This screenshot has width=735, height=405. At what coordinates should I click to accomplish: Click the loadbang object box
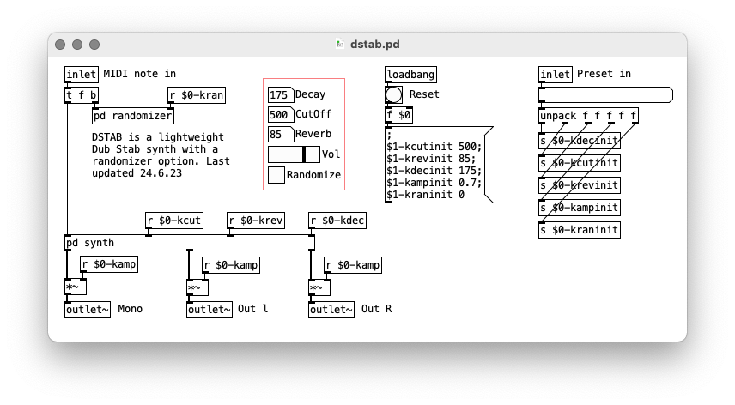pos(410,75)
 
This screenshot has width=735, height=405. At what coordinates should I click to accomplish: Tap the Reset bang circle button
pos(393,95)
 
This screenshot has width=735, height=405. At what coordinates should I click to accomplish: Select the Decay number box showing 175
pos(281,94)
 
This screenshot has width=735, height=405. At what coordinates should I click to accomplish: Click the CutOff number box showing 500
pos(281,115)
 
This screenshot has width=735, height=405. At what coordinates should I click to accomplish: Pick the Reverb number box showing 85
pos(281,135)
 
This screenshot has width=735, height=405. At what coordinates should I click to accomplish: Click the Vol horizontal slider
pos(294,154)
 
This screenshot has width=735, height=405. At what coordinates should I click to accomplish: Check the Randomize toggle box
pos(276,175)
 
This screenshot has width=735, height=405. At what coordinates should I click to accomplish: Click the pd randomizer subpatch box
pos(133,116)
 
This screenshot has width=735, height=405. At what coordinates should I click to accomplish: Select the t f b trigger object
pos(82,95)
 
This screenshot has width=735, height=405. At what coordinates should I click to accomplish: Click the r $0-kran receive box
pos(197,95)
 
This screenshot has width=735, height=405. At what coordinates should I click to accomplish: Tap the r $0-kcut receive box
pos(174,220)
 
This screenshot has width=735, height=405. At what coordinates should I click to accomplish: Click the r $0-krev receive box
pos(256,220)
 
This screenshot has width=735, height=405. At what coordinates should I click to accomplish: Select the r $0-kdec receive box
pos(337,220)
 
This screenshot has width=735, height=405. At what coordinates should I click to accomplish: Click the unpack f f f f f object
pos(588,116)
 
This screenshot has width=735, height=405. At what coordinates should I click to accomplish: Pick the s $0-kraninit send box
pos(580,230)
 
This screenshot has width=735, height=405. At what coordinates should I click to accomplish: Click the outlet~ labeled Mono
pos(88,310)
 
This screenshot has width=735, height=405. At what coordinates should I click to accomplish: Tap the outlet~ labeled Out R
pos(331,310)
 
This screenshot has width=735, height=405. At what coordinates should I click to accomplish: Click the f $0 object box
pos(399,115)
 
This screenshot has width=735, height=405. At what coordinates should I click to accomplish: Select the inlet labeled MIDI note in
pos(82,75)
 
